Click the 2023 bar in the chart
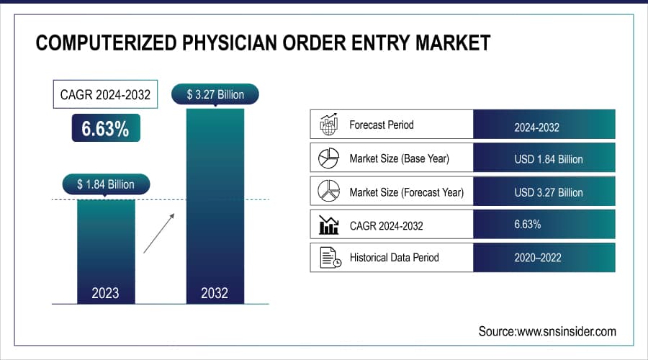pos(105,248)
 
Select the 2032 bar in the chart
pos(214,202)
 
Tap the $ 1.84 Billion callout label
pos(105,184)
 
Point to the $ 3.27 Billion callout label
pos(214,94)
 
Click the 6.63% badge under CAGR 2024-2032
pos(105,129)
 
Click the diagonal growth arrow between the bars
pos(158,231)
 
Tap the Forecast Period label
pos(382,125)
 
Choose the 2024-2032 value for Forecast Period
pos(536,126)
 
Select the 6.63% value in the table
pos(528,225)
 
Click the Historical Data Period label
pos(394,258)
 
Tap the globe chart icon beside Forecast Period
pos(329,125)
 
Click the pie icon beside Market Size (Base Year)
pos(329,158)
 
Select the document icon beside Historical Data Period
pos(330,258)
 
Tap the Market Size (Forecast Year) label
pos(406,192)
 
